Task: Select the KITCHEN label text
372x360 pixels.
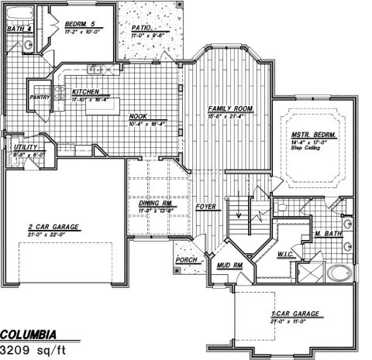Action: (x=86, y=91)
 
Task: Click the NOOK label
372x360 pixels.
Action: (x=139, y=117)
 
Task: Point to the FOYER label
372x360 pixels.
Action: (x=205, y=207)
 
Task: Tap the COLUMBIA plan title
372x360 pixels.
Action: (x=28, y=334)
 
